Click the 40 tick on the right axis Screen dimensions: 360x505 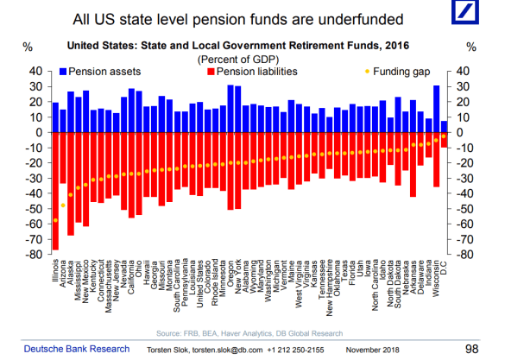tap(463, 71)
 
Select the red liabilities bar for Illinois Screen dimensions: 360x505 tap(56, 191)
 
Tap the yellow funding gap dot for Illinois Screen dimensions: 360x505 tap(56, 220)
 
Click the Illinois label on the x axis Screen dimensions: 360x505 tap(56, 273)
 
